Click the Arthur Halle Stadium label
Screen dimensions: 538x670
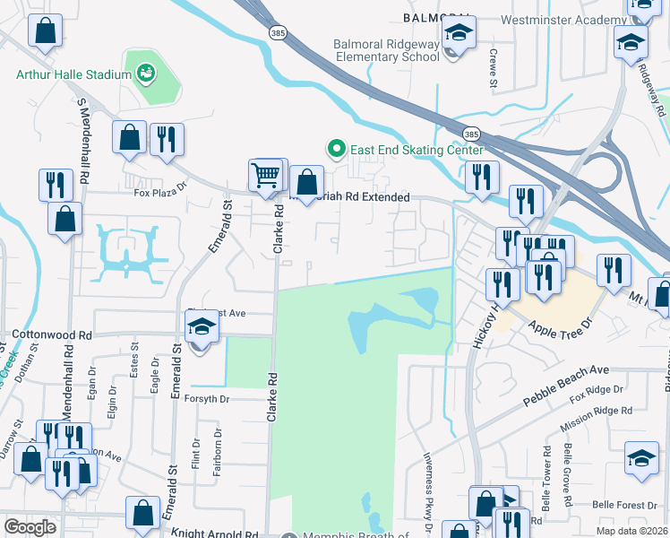pos(73,74)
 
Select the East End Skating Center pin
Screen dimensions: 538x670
pos(336,149)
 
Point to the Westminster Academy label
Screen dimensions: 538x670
pos(573,20)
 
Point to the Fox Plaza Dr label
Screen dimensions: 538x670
pos(160,190)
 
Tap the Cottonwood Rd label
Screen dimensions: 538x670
pos(52,333)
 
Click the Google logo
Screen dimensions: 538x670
pos(30,527)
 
